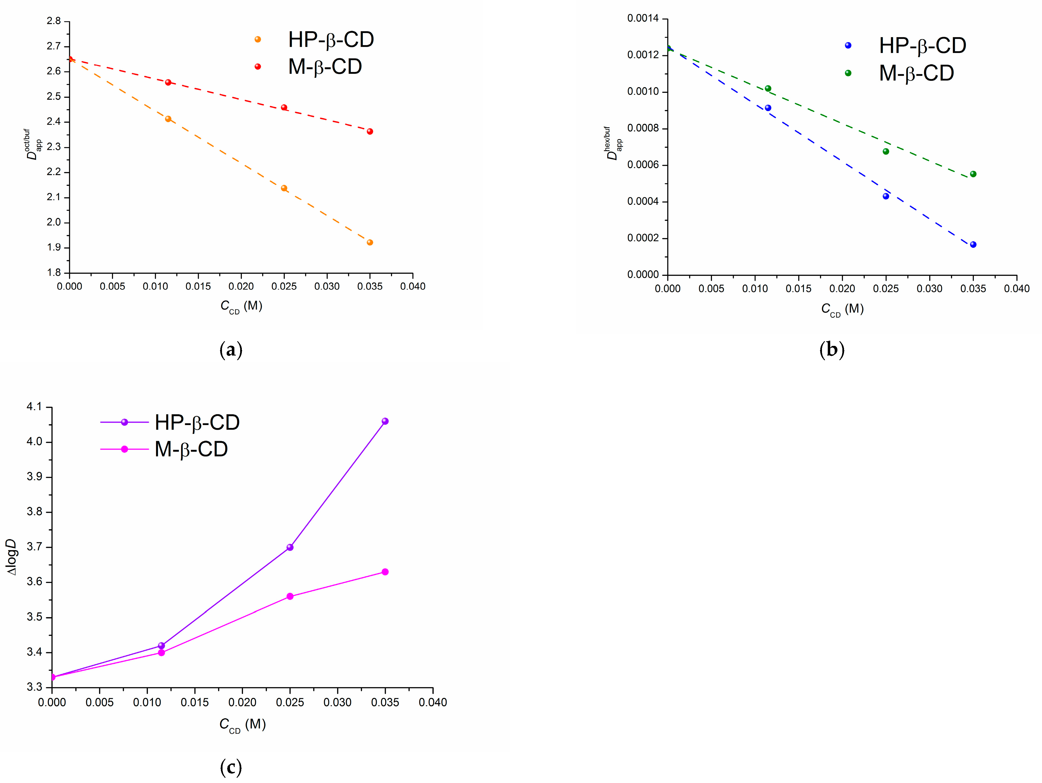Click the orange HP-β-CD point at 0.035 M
click(370, 243)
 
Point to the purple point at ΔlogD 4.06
click(385, 421)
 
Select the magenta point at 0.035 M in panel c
click(385, 572)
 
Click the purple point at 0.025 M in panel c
click(290, 547)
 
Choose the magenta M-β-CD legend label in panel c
click(191, 449)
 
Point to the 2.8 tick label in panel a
click(54, 21)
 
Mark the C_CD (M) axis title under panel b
click(842, 309)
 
